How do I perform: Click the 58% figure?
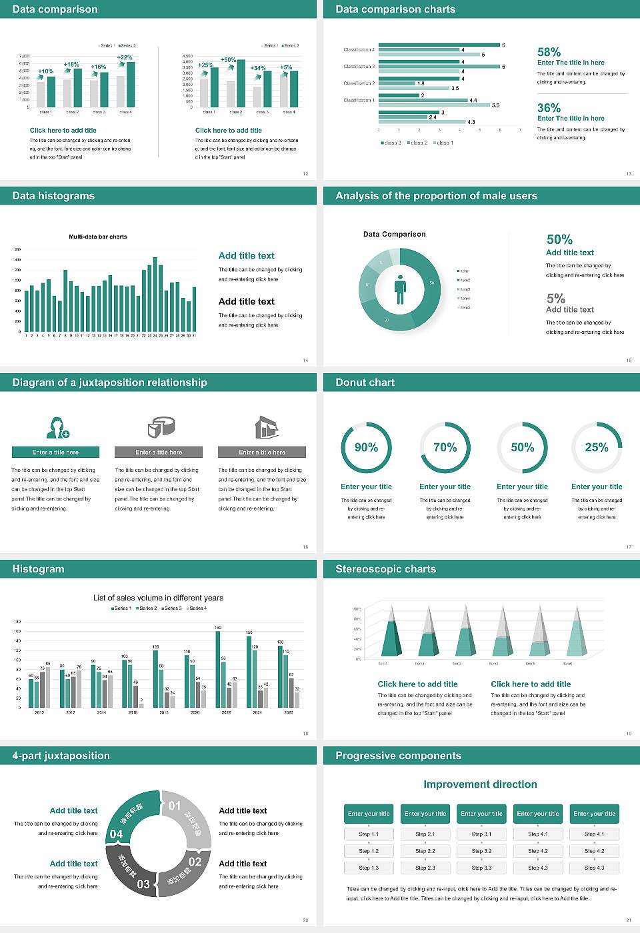click(x=549, y=52)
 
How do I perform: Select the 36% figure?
click(x=549, y=108)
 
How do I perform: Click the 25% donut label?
click(x=596, y=447)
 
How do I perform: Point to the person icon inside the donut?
click(x=400, y=289)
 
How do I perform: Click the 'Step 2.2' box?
click(x=425, y=851)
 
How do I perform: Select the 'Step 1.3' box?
click(x=369, y=868)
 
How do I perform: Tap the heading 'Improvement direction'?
click(x=480, y=784)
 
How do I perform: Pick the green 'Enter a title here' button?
click(x=56, y=453)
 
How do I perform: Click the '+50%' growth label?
click(x=228, y=60)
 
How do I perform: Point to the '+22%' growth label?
click(x=125, y=57)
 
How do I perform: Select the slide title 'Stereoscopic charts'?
click(x=385, y=569)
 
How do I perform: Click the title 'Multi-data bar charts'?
click(x=98, y=237)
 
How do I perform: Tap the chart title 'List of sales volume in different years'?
click(x=158, y=598)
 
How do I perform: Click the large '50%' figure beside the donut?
click(x=559, y=239)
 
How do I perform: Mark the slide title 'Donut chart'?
click(x=365, y=383)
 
